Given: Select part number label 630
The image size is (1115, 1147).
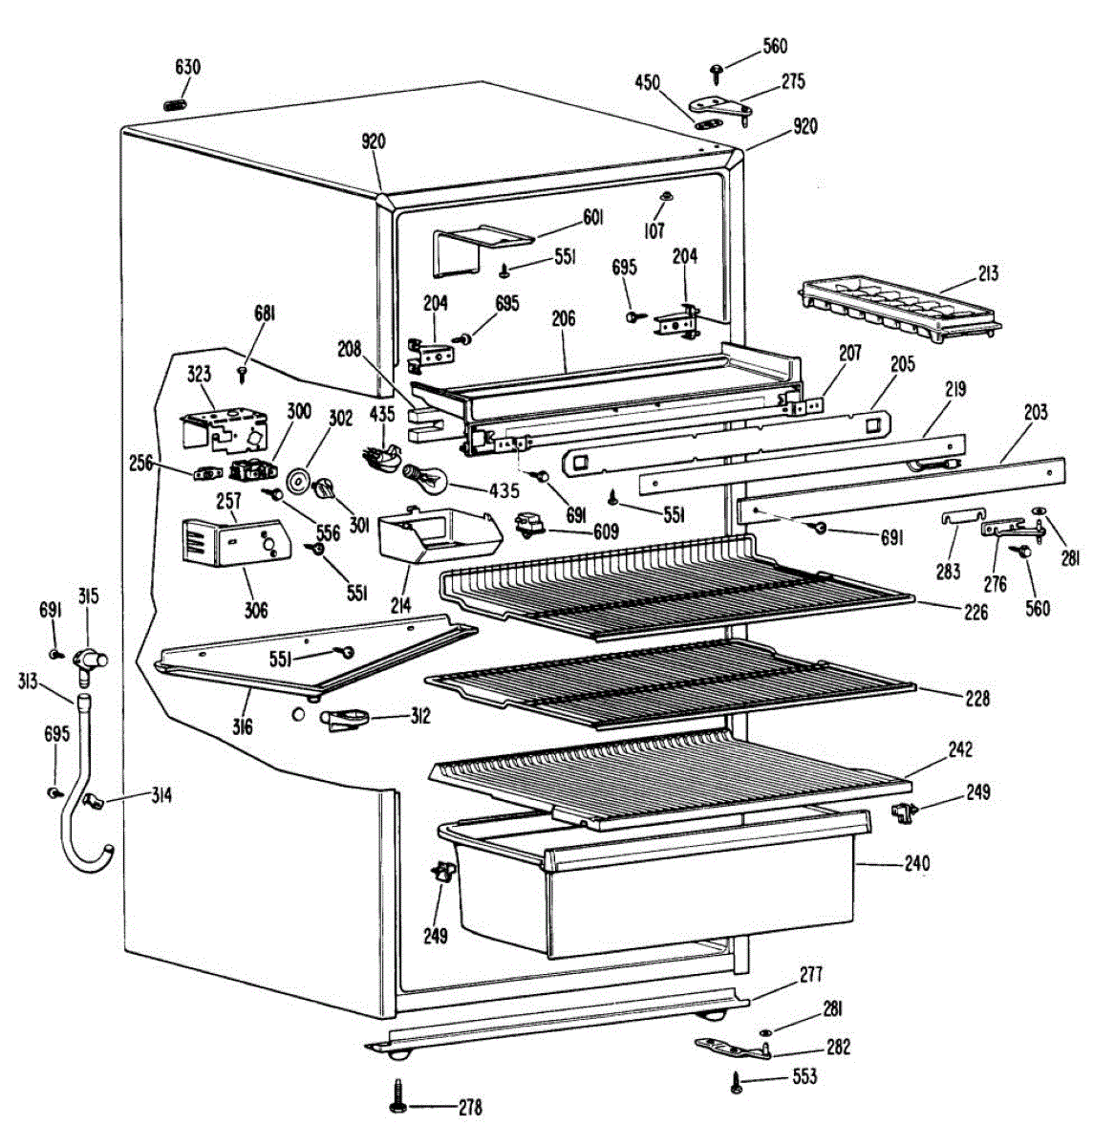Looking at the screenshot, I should tap(188, 68).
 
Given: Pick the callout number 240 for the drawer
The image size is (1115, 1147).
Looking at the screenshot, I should tap(916, 864).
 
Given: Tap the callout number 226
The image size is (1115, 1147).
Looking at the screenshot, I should tap(976, 613).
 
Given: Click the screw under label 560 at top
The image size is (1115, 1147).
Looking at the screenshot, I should tap(716, 69).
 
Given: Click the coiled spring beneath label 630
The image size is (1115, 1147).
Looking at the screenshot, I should tap(176, 103).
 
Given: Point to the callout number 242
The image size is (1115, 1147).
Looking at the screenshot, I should tap(959, 750).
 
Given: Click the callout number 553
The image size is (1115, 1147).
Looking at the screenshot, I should tap(804, 1077).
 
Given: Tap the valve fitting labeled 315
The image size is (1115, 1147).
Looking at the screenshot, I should tap(92, 659).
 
